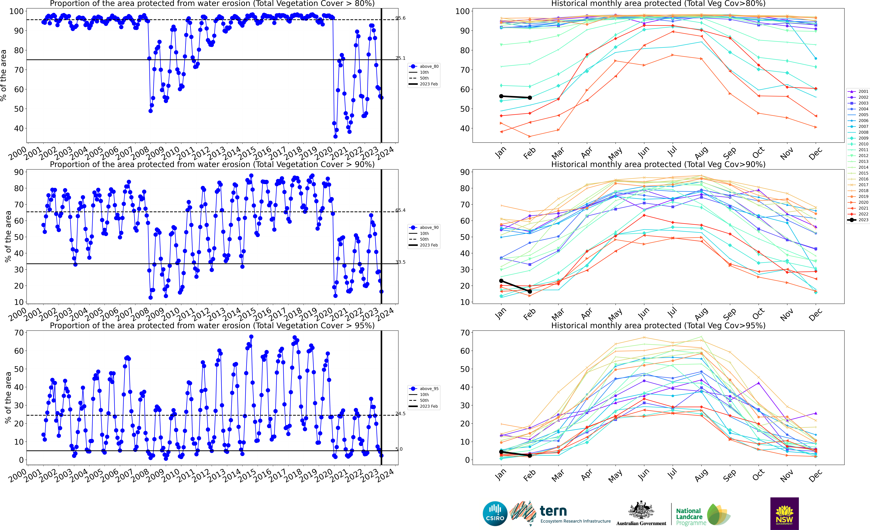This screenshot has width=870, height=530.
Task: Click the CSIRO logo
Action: [x=495, y=514]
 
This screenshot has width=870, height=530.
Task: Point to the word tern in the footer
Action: [x=553, y=511]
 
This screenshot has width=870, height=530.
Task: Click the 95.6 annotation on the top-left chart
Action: [x=400, y=18]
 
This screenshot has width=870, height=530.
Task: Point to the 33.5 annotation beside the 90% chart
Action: [x=400, y=262]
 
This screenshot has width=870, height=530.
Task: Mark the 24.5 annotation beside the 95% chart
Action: [x=400, y=414]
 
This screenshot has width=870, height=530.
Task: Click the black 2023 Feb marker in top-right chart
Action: [x=530, y=98]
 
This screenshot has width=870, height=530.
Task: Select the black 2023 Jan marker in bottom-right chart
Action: [x=501, y=452]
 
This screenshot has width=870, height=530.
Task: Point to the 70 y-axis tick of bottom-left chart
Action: [x=19, y=333]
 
